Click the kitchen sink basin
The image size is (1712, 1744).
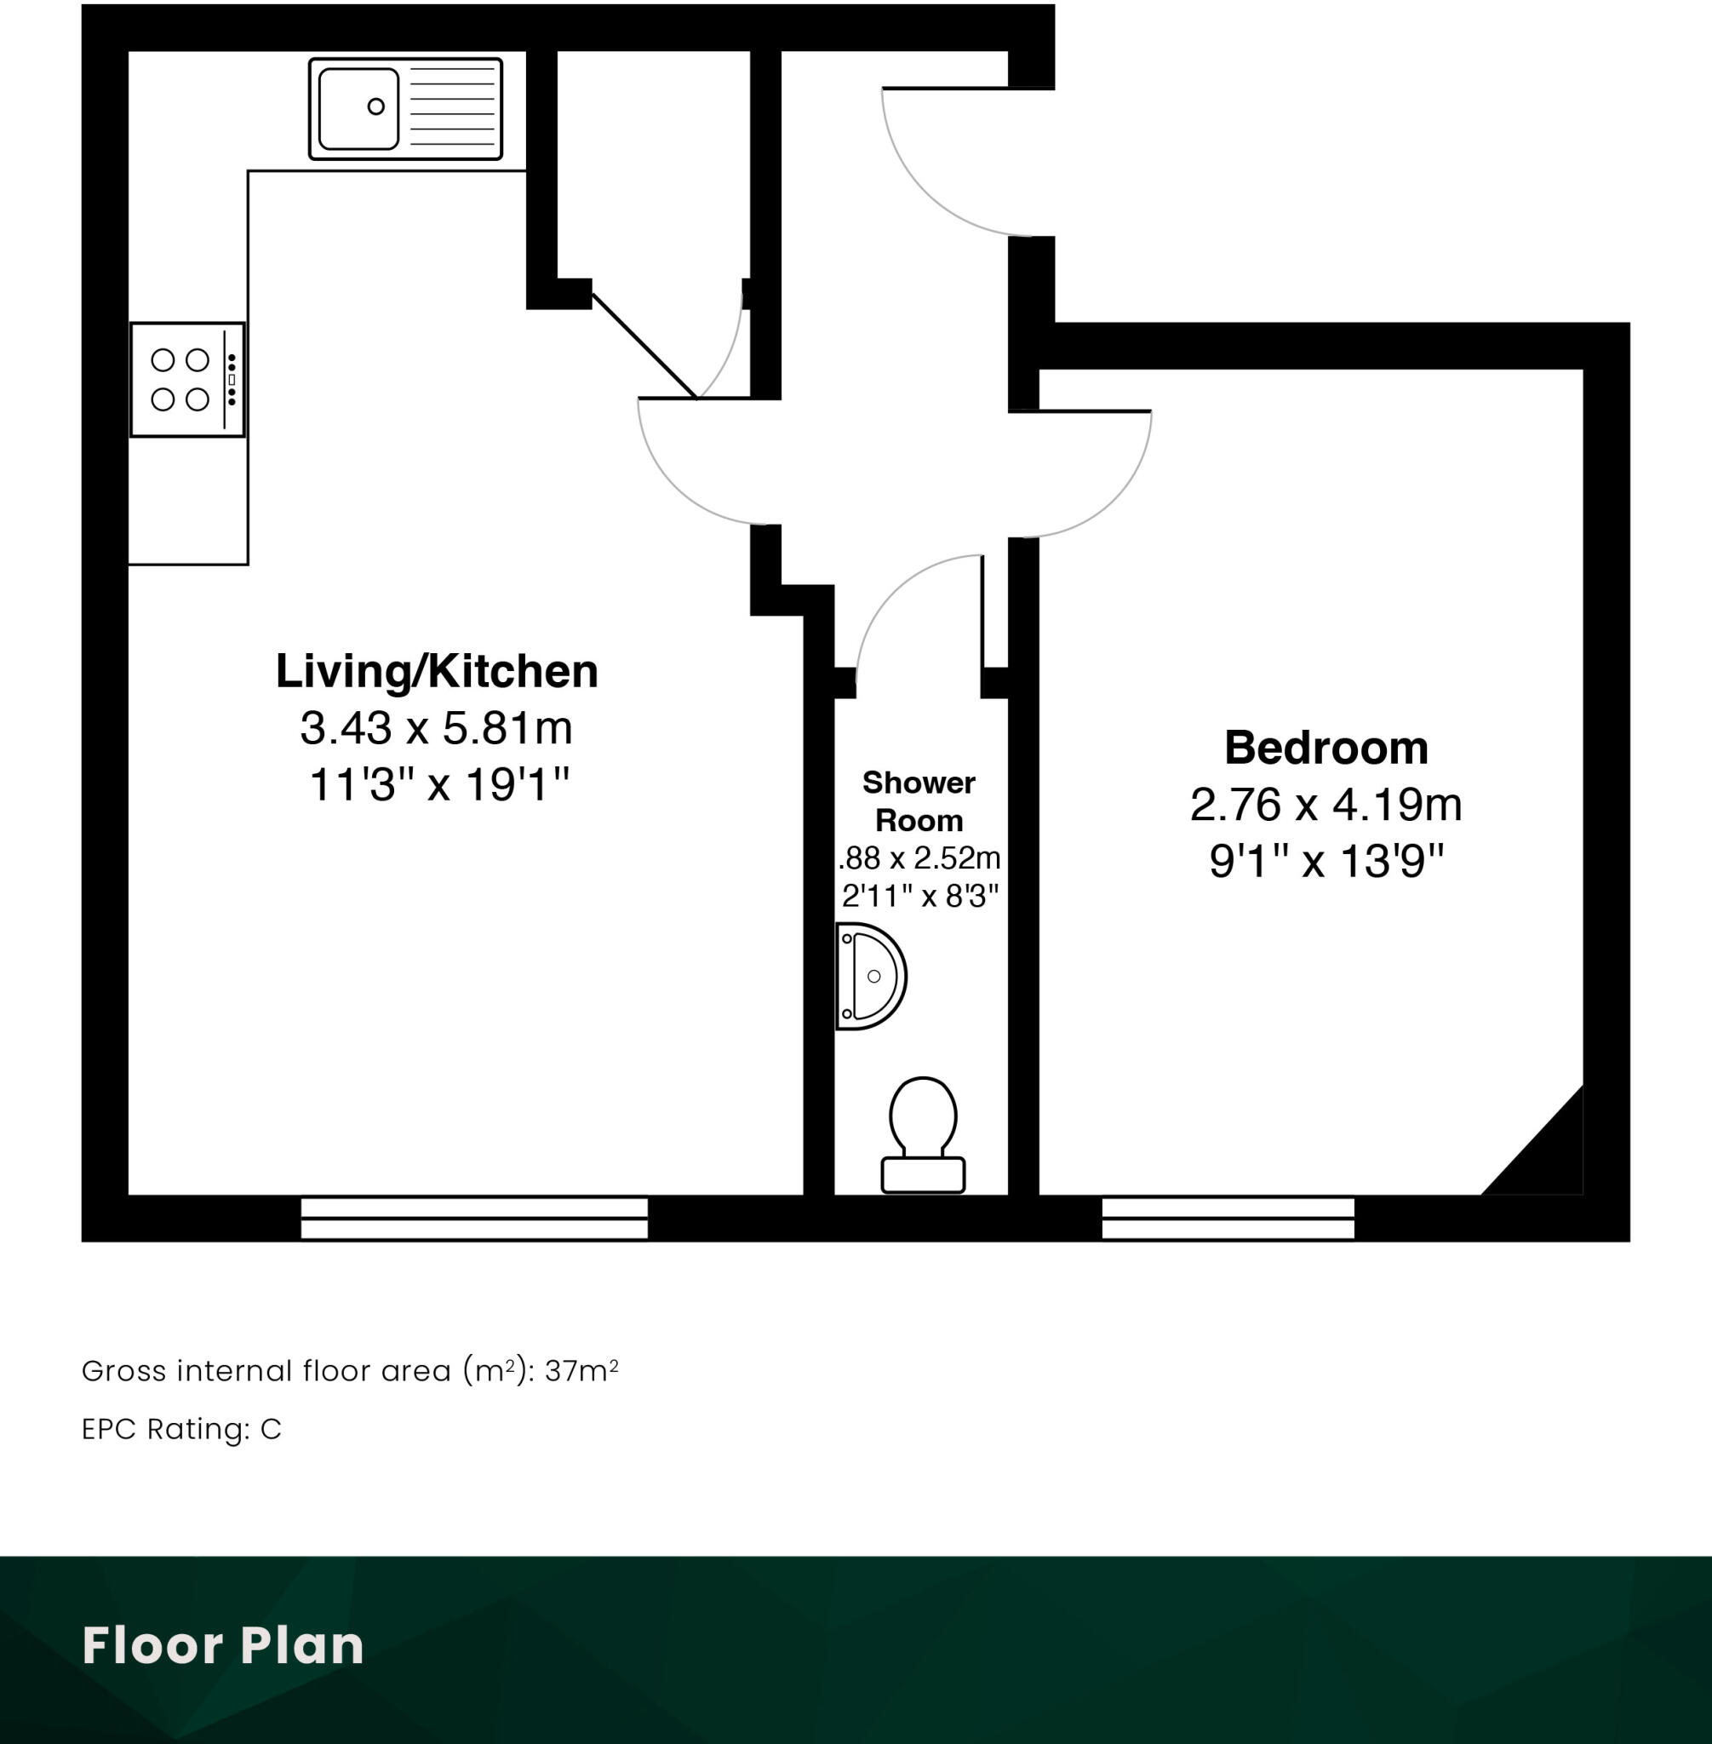pyautogui.click(x=358, y=109)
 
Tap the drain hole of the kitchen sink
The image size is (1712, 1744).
pyautogui.click(x=375, y=106)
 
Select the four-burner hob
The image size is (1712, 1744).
pyautogui.click(x=186, y=380)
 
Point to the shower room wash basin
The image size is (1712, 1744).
pyautogui.click(x=870, y=976)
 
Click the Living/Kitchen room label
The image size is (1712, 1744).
pyautogui.click(x=436, y=671)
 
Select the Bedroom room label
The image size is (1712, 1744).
pyautogui.click(x=1326, y=748)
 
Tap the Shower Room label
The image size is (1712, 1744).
pyautogui.click(x=918, y=801)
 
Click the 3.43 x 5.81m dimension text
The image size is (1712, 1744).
pyautogui.click(x=436, y=727)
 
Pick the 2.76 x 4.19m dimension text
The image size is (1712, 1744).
pyautogui.click(x=1326, y=804)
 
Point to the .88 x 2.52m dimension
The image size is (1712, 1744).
pyautogui.click(x=919, y=858)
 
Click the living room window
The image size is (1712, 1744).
pyautogui.click(x=474, y=1218)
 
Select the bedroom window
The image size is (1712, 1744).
pyautogui.click(x=1228, y=1218)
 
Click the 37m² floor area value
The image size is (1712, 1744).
pyautogui.click(x=581, y=1371)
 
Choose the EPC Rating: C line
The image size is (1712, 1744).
pyautogui.click(x=181, y=1428)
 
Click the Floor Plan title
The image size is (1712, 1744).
pyautogui.click(x=223, y=1645)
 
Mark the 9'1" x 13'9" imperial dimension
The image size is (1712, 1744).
pyautogui.click(x=1326, y=861)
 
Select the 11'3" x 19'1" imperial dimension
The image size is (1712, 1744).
pyautogui.click(x=438, y=784)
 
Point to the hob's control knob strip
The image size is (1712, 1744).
pyautogui.click(x=232, y=380)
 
